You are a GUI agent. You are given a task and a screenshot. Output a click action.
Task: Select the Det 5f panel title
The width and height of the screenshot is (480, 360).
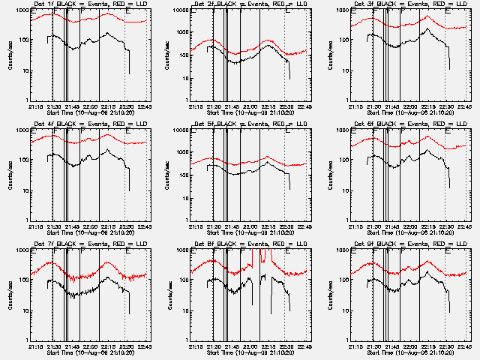tap(250, 124)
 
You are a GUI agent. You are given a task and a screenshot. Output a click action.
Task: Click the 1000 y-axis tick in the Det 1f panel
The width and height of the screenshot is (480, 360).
tap(21, 10)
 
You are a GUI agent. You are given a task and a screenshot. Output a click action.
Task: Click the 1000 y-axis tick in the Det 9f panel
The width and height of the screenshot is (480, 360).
tap(341, 250)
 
